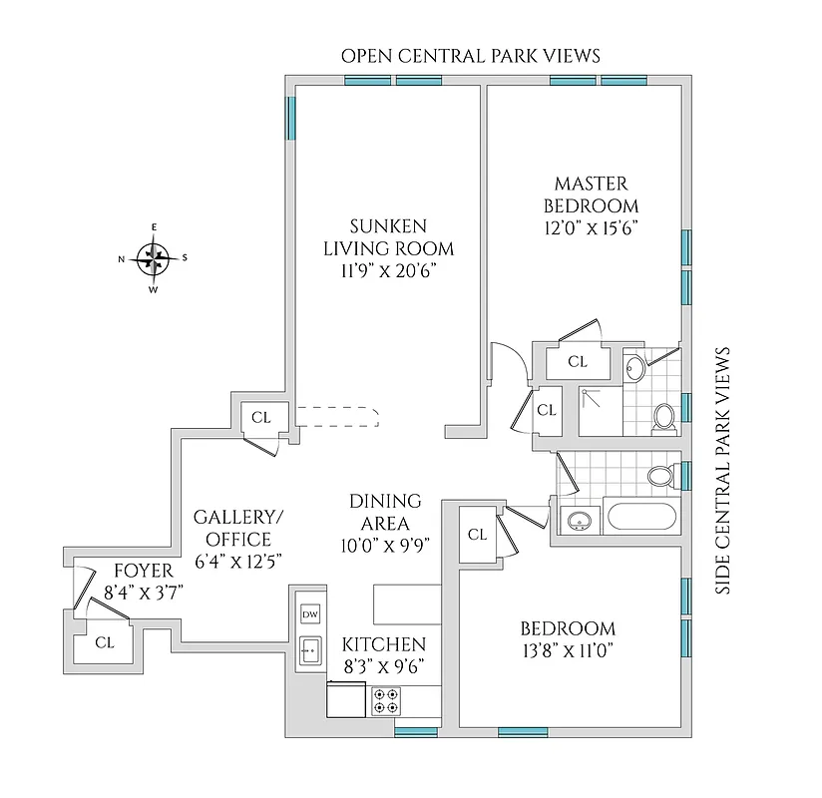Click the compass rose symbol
pos(154,258)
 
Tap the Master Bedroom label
pos(591,194)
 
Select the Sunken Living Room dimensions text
pos(388,270)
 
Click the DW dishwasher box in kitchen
pos(309,614)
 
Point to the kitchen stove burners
pos(385,700)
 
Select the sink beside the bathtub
pos(577,520)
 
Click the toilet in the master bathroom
pos(663,417)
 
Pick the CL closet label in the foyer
pos(104,642)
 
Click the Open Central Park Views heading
pos(471,55)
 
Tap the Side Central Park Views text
pos(724,471)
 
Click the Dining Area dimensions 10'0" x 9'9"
pos(385,545)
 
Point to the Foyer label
pos(143,571)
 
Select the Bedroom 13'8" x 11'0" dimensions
pos(568,651)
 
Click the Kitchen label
pos(384,644)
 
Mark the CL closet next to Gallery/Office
pos(260,417)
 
